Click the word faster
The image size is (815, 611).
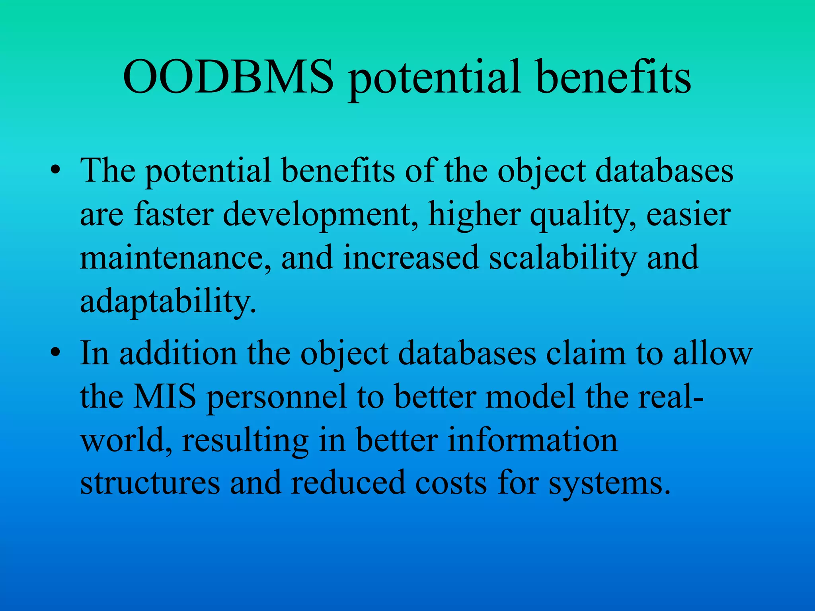click(x=174, y=214)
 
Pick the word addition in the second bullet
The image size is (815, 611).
click(x=178, y=353)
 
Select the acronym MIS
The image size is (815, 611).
click(x=164, y=397)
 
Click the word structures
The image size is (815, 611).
click(x=150, y=483)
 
